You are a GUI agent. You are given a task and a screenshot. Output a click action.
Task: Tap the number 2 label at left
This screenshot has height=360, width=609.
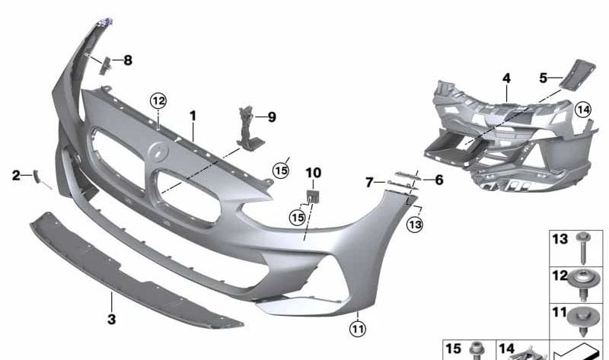[16, 176]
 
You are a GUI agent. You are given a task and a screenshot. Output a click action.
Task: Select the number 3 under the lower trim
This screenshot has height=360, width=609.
[112, 320]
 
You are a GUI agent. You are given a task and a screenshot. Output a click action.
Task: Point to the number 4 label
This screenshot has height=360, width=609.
[506, 78]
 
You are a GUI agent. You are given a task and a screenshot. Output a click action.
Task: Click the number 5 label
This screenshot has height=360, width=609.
[544, 77]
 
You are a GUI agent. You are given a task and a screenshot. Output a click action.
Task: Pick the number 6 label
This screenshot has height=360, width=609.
[438, 180]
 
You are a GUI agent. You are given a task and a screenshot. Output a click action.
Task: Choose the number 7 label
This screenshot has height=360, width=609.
[369, 183]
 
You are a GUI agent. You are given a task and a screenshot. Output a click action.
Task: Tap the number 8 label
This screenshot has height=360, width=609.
[128, 60]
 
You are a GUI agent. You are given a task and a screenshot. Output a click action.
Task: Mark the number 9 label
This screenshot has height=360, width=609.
[271, 117]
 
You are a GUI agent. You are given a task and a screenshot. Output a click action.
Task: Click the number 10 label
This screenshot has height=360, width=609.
[314, 173]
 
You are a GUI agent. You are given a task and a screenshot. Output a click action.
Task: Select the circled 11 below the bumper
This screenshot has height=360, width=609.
[358, 329]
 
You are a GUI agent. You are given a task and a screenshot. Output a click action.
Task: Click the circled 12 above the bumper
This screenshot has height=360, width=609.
[158, 100]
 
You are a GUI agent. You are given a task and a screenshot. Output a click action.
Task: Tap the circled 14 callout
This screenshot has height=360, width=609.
[582, 110]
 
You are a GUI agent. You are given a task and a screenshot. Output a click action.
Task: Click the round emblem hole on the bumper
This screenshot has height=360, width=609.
[158, 153]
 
